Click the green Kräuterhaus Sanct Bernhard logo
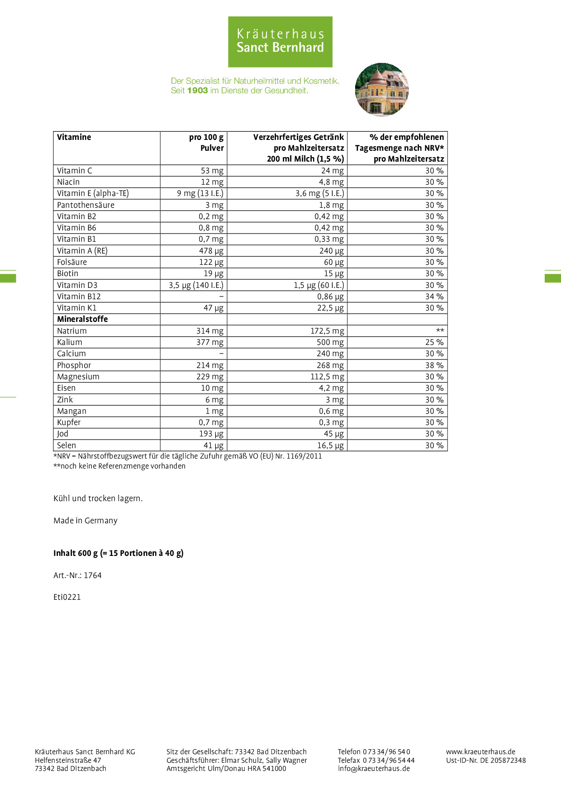tap(280, 42)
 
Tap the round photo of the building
tap(382, 90)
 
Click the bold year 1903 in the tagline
tap(197, 91)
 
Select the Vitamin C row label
tap(75, 171)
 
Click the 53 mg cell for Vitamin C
tap(212, 171)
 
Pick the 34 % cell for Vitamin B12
tap(434, 297)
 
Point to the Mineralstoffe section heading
tap(82, 319)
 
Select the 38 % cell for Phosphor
tap(434, 365)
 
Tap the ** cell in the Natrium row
tap(439, 331)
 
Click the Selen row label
tap(67, 445)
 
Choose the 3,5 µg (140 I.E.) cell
tap(196, 285)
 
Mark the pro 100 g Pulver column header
tap(206, 143)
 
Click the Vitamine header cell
tap(74, 137)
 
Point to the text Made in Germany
tap(86, 521)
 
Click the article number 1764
tap(93, 575)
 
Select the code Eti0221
tap(67, 597)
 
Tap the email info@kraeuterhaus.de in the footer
tap(374, 768)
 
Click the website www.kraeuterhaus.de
tap(480, 752)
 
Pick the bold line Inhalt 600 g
tap(119, 553)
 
